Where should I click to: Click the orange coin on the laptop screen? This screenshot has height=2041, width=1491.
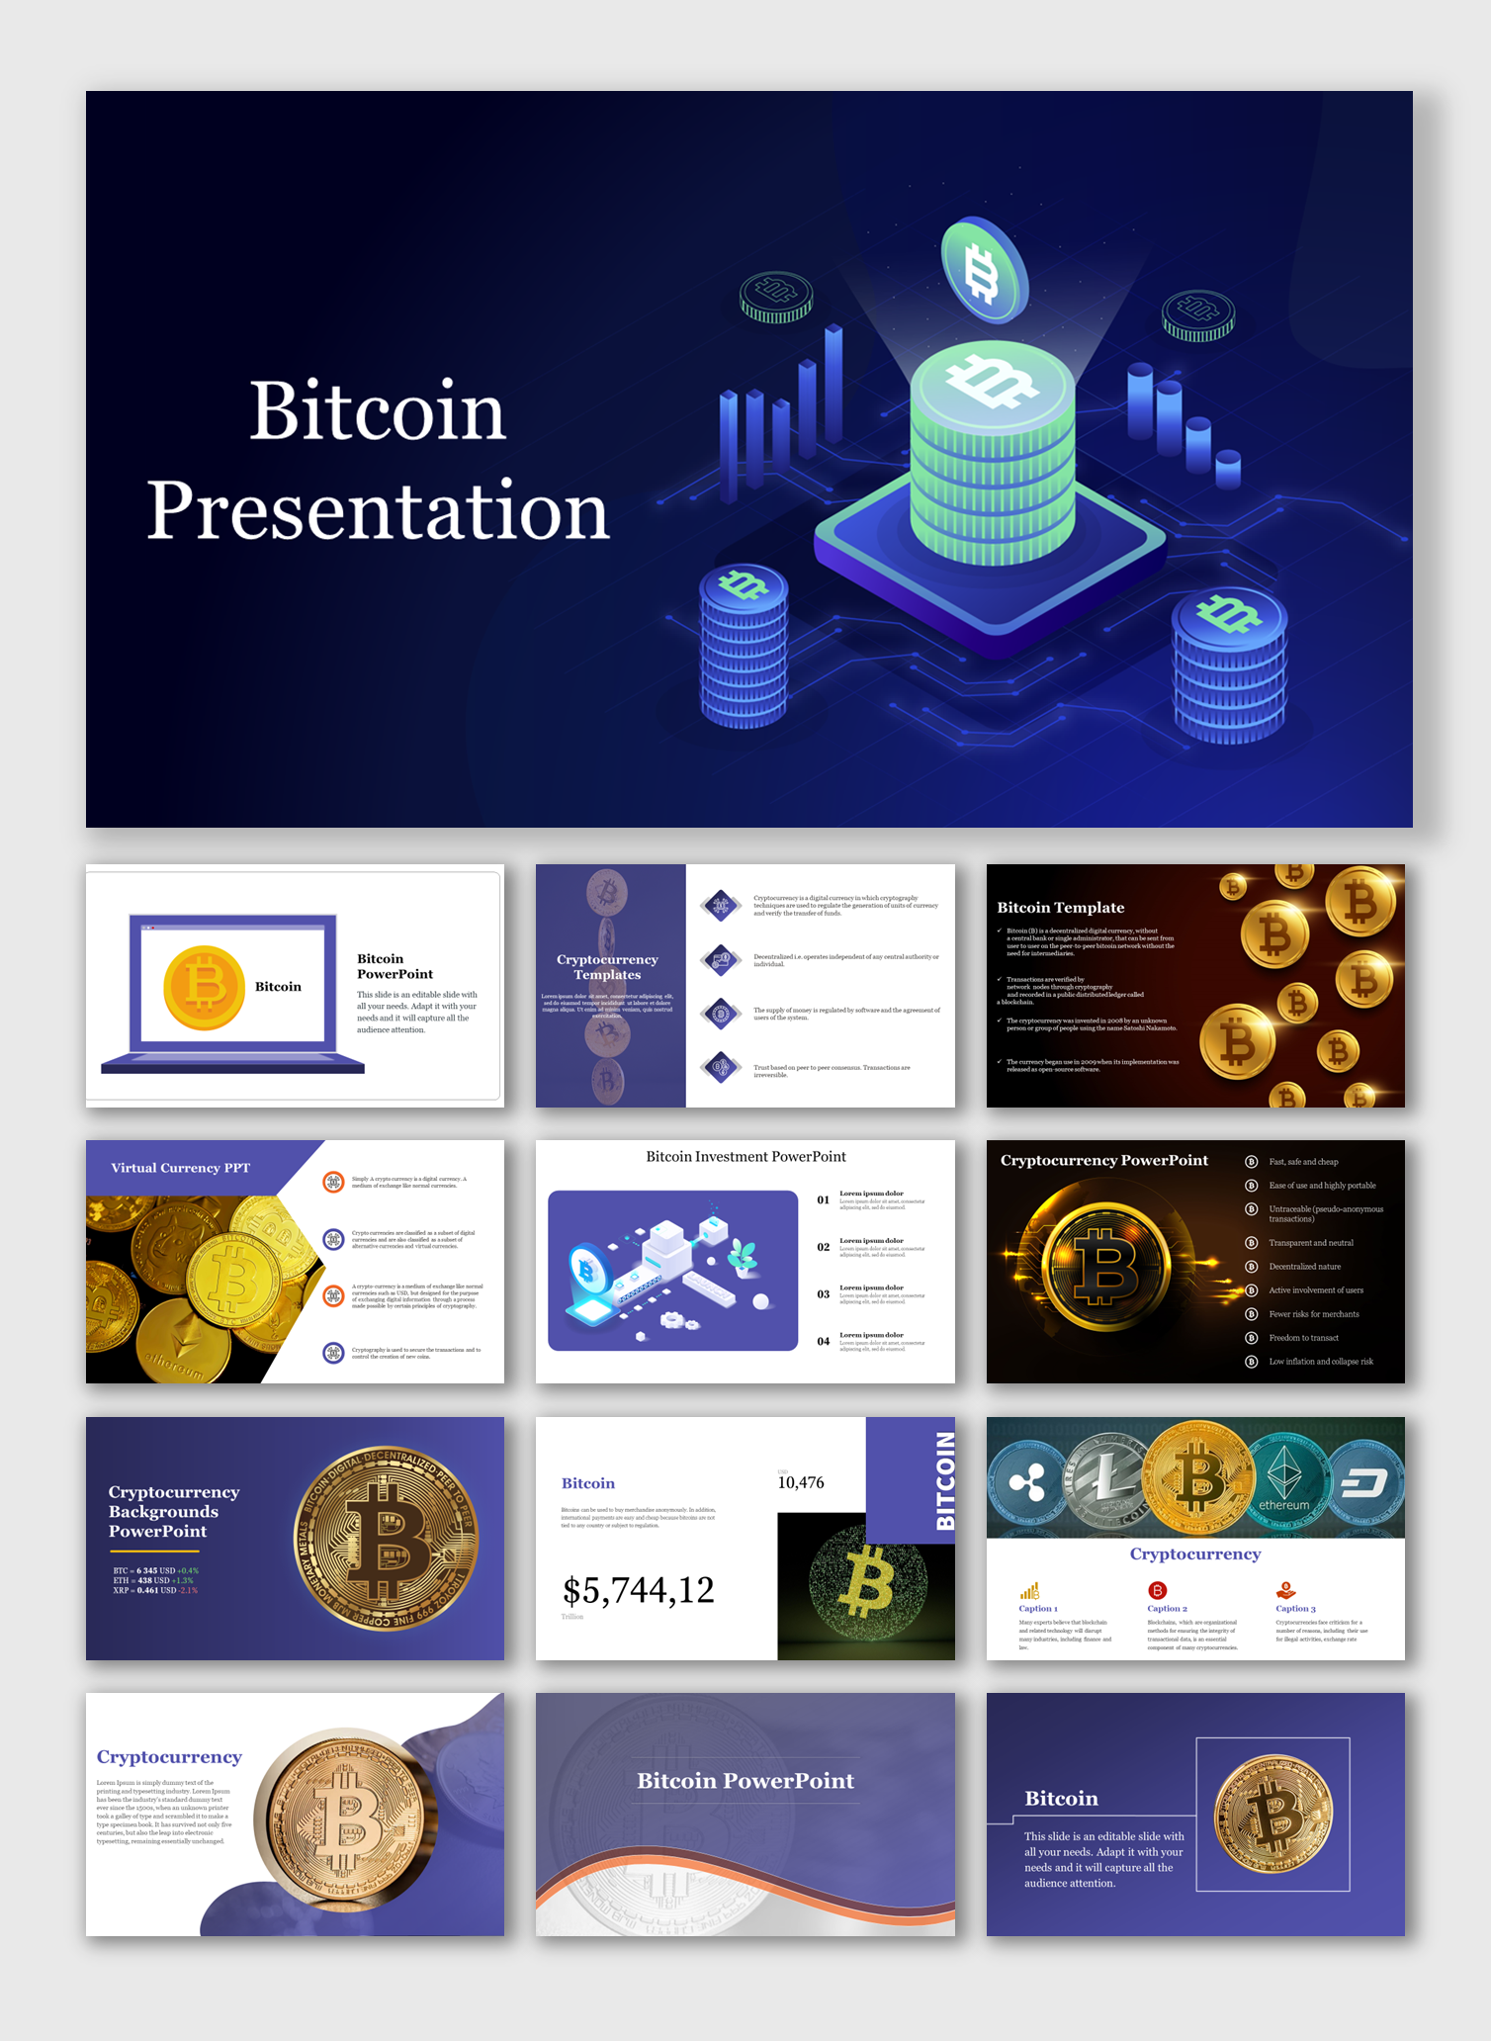[x=204, y=987]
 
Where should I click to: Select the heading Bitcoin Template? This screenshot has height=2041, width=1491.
[x=1060, y=908]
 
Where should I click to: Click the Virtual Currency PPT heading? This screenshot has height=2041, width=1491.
[x=180, y=1168]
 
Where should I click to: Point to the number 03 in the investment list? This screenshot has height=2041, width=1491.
[x=823, y=1294]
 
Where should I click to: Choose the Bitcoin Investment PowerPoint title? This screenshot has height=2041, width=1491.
[x=745, y=1157]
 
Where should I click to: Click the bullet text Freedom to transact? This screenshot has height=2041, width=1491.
[x=1303, y=1338]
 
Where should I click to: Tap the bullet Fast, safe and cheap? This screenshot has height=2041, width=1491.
[x=1303, y=1162]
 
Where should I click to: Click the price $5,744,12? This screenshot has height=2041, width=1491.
[x=638, y=1590]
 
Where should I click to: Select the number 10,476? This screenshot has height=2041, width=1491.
[x=800, y=1483]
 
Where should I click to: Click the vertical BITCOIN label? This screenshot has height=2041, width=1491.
[x=945, y=1480]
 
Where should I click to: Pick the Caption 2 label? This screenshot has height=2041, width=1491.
[x=1167, y=1609]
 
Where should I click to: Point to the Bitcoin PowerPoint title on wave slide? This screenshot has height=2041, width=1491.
[x=745, y=1781]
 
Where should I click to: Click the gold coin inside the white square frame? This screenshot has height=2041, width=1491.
[x=1272, y=1815]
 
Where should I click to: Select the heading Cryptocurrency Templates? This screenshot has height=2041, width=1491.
[x=607, y=967]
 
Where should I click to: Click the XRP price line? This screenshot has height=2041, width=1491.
[x=155, y=1590]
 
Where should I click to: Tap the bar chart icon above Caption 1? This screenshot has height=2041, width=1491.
[x=1029, y=1591]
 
